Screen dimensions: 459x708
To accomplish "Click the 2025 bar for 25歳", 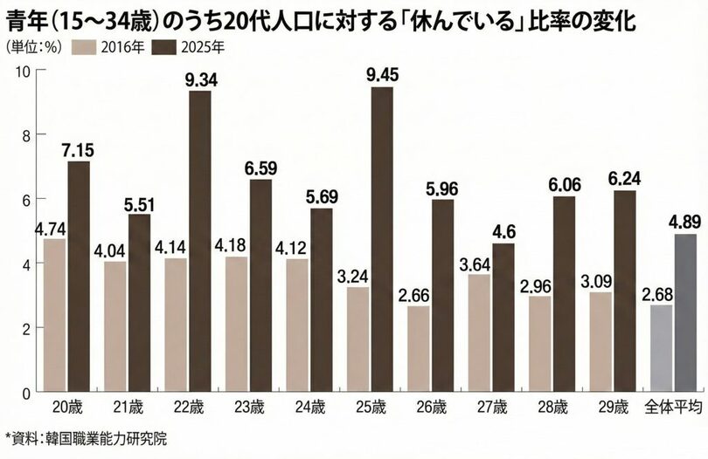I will tap(382, 239).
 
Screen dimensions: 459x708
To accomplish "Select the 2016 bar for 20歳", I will tap(54, 315).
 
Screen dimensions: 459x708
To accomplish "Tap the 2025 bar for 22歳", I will tap(200, 241).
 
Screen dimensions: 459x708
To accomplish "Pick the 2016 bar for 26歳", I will tap(418, 348).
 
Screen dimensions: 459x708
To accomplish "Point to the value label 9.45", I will tap(382, 75).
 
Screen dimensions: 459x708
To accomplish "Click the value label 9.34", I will tap(200, 79).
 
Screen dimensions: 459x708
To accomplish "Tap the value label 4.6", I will tap(503, 231).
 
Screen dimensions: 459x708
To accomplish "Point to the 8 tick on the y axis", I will tap(26, 135).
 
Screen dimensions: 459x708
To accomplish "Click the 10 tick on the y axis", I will tap(24, 71).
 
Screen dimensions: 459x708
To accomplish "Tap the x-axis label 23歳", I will tap(249, 408).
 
